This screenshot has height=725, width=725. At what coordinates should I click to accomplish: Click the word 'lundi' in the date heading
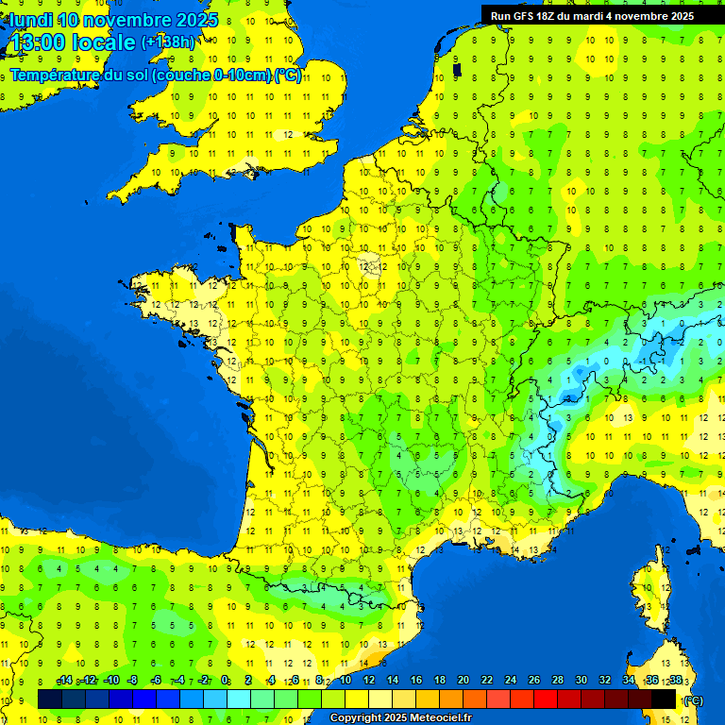31,20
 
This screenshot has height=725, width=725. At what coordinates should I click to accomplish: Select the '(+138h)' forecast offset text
168,42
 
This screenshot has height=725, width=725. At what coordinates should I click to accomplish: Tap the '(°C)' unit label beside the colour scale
692,700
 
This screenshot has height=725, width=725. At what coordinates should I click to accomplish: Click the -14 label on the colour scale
65,681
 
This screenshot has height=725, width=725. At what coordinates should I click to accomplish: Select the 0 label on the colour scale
225,681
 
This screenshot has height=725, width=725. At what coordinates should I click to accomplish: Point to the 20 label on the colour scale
463,681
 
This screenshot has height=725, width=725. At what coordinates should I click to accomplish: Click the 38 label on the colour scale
675,681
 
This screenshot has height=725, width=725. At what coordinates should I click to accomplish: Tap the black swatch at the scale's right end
664,700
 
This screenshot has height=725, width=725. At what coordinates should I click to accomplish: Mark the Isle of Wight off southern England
252,172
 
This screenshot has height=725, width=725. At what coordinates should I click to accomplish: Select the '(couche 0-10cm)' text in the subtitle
214,76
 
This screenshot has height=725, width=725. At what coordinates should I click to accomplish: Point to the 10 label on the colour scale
345,681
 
